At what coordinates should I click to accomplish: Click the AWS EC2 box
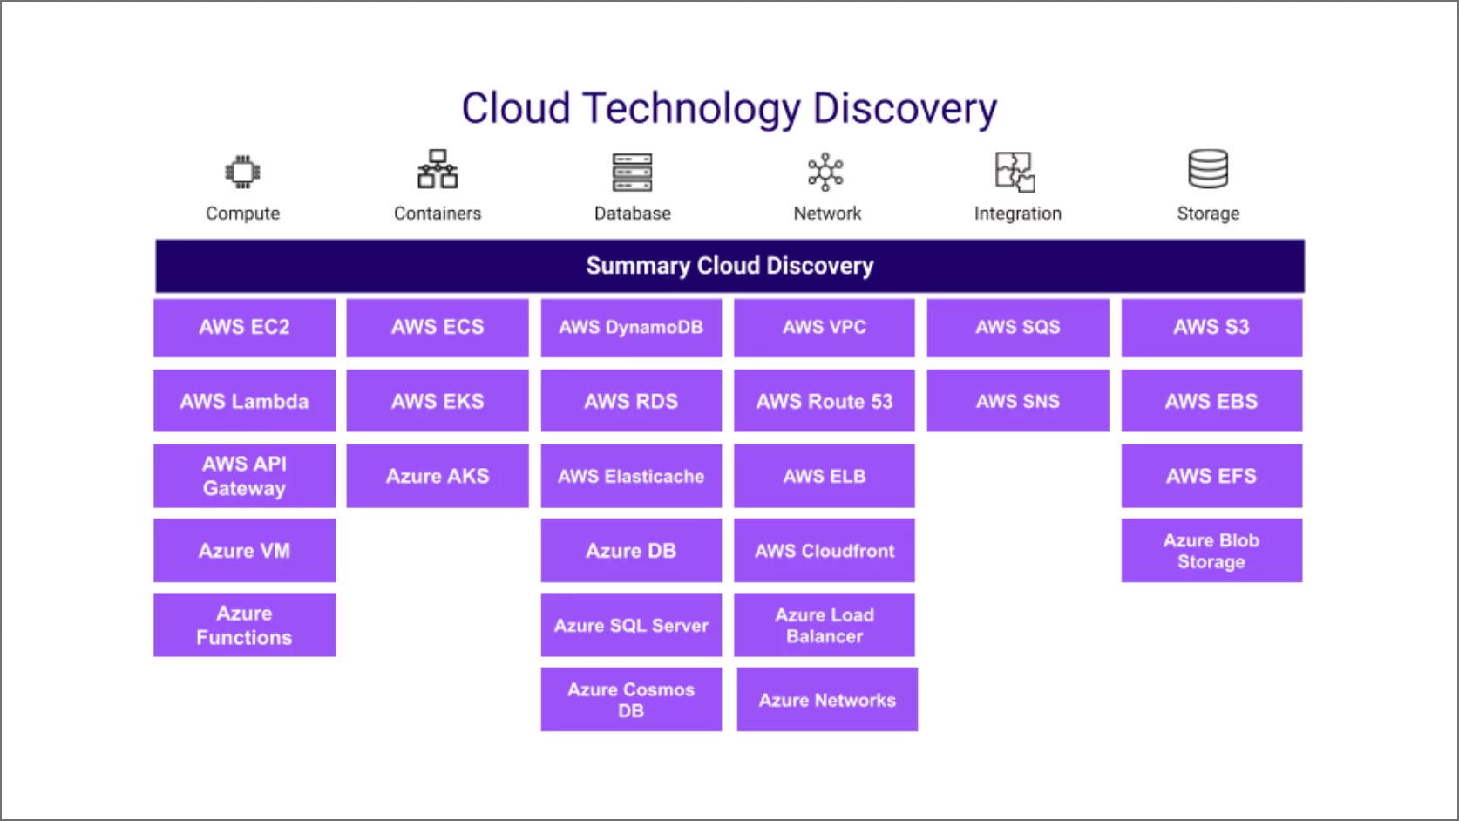pyautogui.click(x=244, y=328)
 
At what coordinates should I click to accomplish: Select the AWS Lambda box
pyautogui.click(x=244, y=401)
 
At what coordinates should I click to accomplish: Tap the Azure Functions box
pyautogui.click(x=244, y=625)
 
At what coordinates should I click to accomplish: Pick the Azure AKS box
pyautogui.click(x=438, y=476)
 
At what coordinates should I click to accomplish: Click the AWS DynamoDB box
pyautogui.click(x=631, y=328)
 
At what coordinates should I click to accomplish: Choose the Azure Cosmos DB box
pyautogui.click(x=631, y=699)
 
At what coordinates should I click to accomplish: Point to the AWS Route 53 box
pyautogui.click(x=824, y=401)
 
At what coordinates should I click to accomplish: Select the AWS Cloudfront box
pyautogui.click(x=824, y=551)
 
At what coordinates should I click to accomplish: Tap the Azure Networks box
pyautogui.click(x=827, y=699)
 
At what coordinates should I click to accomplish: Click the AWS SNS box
pyautogui.click(x=1018, y=401)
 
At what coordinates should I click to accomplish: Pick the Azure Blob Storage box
pyautogui.click(x=1211, y=551)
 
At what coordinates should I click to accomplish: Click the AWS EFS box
pyautogui.click(x=1211, y=476)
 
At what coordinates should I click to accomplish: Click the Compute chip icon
pyautogui.click(x=243, y=172)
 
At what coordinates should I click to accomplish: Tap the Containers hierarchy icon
pyautogui.click(x=438, y=169)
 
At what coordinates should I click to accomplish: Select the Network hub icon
pyautogui.click(x=826, y=172)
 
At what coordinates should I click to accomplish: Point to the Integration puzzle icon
pyautogui.click(x=1015, y=172)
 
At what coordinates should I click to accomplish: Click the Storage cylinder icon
pyautogui.click(x=1208, y=168)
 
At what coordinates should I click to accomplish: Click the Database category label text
pyautogui.click(x=633, y=214)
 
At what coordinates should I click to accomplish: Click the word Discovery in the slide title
pyautogui.click(x=905, y=109)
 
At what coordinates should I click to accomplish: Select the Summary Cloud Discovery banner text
pyautogui.click(x=729, y=266)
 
